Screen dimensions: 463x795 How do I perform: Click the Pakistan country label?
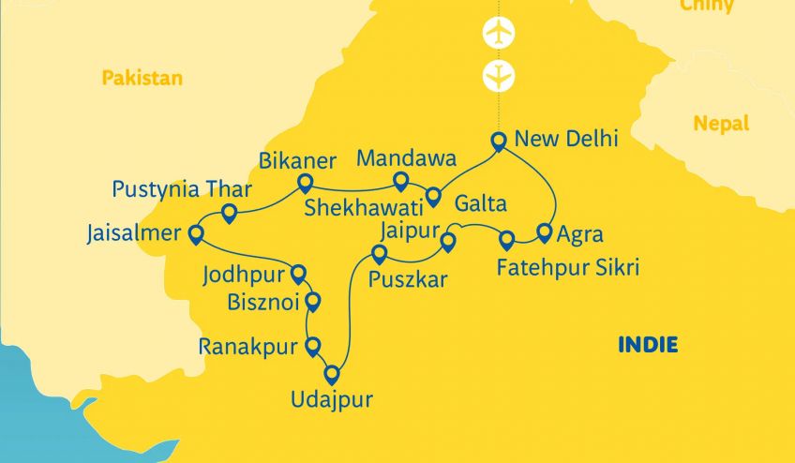click(x=142, y=78)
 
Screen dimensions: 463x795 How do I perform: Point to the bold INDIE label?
click(x=648, y=345)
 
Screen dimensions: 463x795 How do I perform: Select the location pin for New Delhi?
click(x=499, y=141)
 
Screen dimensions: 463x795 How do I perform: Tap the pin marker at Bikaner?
click(x=303, y=181)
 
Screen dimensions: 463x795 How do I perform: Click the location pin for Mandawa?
click(x=400, y=180)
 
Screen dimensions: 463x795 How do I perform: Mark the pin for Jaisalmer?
click(x=196, y=233)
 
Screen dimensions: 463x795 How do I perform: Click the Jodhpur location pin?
click(x=298, y=273)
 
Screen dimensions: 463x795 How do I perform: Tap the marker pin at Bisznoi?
click(x=313, y=301)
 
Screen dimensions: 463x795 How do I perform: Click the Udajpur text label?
click(x=332, y=400)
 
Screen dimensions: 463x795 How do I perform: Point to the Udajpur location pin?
click(x=332, y=366)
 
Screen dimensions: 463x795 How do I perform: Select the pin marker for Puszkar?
click(x=379, y=253)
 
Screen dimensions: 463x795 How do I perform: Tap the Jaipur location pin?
click(x=448, y=241)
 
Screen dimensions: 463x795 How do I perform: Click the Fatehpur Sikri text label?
click(x=568, y=269)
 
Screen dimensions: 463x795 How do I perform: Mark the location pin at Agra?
click(x=543, y=231)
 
